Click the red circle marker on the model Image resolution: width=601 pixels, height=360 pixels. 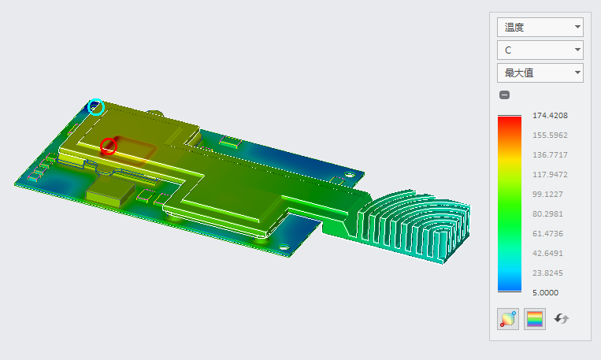[109, 139]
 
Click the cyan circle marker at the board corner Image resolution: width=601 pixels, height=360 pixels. [96, 99]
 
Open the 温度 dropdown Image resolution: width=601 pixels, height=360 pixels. [540, 28]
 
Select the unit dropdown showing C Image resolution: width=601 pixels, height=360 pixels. [540, 50]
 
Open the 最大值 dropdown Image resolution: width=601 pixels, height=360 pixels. [540, 72]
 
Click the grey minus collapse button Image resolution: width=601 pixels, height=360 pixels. [504, 95]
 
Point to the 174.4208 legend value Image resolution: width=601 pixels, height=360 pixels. [550, 115]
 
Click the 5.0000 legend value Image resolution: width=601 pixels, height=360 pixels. [545, 292]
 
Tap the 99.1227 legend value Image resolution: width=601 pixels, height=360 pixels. [547, 194]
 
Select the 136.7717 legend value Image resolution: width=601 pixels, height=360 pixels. [550, 155]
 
